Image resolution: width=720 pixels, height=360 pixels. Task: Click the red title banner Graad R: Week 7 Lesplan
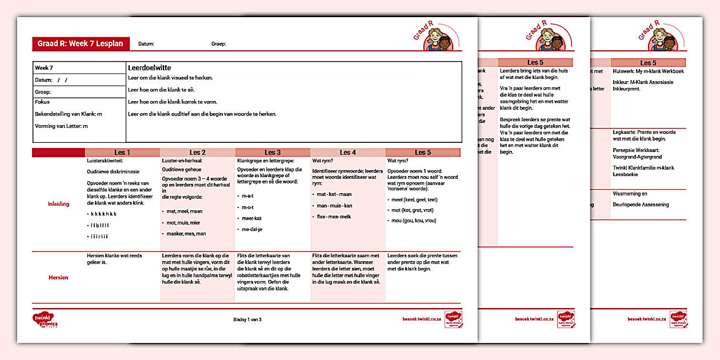[x=81, y=44]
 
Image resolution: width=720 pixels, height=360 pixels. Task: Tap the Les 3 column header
[x=273, y=153]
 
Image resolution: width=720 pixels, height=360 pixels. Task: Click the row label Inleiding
[x=58, y=204]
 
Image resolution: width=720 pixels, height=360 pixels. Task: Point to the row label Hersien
[x=58, y=278]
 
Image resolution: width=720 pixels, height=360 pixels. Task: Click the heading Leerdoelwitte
[x=150, y=68]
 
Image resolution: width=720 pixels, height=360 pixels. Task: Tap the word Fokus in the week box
[x=42, y=102]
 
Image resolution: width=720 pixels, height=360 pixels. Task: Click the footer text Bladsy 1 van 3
[x=247, y=319]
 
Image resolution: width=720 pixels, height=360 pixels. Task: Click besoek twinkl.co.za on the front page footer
[x=423, y=319]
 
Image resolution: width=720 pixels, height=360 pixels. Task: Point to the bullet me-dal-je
[x=251, y=229]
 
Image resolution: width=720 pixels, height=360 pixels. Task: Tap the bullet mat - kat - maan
[x=334, y=194]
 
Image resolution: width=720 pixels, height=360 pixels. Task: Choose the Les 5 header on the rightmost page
[x=648, y=63]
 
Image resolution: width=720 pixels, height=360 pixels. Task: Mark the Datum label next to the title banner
[x=146, y=44]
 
